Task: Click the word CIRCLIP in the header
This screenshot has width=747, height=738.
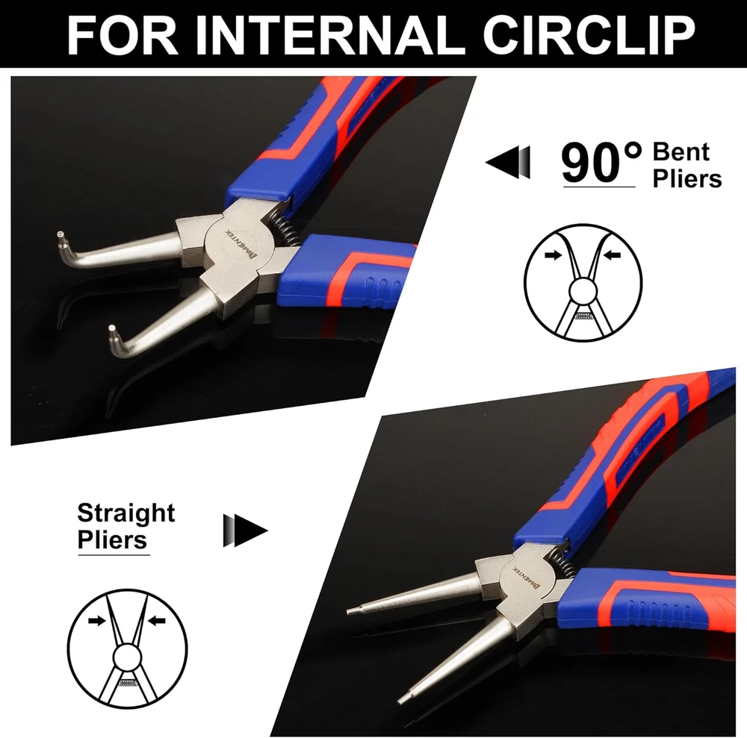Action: tap(589, 36)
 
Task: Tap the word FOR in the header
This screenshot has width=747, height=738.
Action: tap(123, 36)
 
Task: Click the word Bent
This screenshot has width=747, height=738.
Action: tap(681, 151)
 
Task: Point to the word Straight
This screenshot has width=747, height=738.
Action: tap(126, 514)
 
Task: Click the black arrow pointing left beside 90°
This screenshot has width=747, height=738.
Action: tap(508, 162)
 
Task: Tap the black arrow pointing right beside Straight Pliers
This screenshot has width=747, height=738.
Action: tap(245, 531)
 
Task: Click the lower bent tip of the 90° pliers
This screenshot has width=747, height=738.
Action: tap(113, 330)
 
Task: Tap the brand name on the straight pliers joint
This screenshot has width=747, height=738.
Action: tap(527, 577)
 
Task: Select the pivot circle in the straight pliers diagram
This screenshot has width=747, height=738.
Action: tap(127, 658)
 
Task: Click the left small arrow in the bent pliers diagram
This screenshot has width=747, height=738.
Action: tap(554, 255)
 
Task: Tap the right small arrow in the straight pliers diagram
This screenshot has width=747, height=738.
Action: tap(156, 620)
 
